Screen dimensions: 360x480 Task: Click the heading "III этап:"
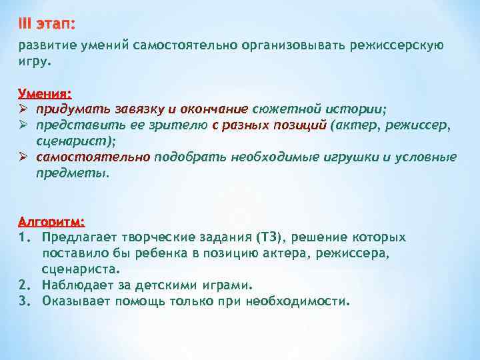(x=47, y=24)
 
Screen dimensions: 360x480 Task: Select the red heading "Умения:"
(x=45, y=94)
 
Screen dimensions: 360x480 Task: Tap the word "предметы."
(x=71, y=173)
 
